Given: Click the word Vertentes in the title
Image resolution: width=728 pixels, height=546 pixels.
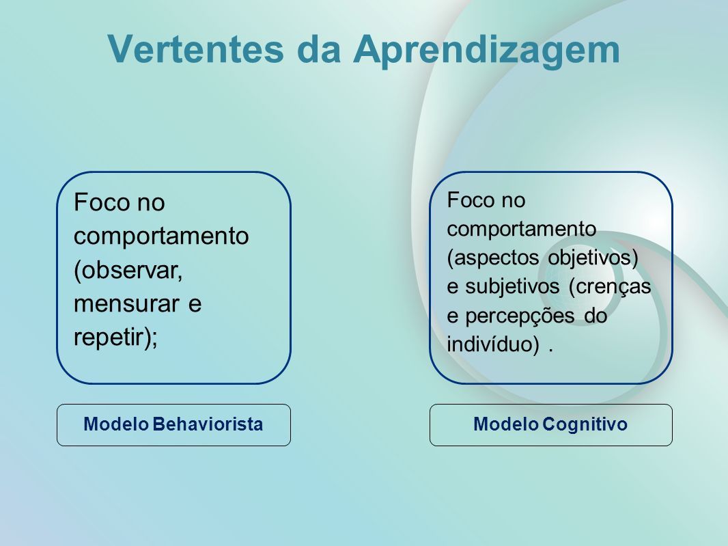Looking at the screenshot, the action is [x=195, y=49].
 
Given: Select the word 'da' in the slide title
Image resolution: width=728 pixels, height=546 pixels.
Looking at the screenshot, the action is [x=319, y=49].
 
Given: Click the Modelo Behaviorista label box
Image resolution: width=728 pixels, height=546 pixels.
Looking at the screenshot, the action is [x=173, y=425].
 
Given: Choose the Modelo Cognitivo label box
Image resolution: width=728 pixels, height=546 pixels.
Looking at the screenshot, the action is [x=550, y=425].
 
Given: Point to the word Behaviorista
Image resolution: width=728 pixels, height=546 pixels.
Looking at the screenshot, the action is [x=208, y=424].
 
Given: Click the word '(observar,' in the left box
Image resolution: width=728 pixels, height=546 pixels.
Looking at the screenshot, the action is [x=128, y=271].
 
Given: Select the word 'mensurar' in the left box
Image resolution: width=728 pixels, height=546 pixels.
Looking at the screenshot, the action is [x=126, y=303].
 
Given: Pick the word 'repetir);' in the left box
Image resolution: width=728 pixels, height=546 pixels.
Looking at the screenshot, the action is [x=115, y=338].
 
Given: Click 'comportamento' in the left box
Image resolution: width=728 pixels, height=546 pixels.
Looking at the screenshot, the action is [x=161, y=236].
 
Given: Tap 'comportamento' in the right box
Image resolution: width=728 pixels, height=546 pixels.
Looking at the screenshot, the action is [x=521, y=229].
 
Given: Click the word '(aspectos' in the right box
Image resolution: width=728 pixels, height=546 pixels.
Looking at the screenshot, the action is [x=493, y=258].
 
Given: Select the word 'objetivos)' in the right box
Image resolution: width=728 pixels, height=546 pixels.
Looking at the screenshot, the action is [x=593, y=258].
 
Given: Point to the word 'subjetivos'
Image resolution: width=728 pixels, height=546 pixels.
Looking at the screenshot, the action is [x=513, y=286].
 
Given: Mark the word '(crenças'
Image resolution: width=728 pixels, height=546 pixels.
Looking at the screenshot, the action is [x=610, y=287].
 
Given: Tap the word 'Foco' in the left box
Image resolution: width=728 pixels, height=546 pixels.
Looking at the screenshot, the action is [x=101, y=202].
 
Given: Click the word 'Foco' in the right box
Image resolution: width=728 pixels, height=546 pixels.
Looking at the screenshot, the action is [x=470, y=200].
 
